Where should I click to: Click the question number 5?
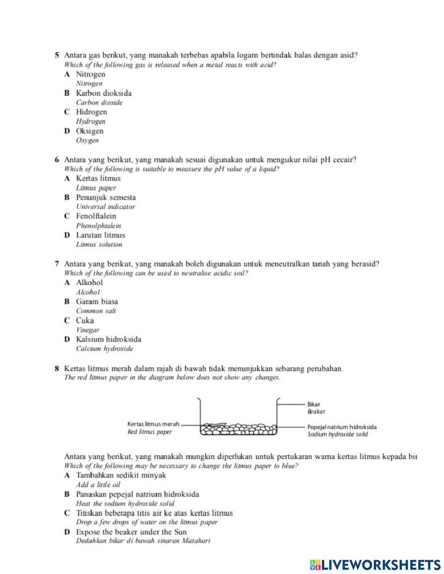(x=57, y=56)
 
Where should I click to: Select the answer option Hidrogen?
(x=91, y=112)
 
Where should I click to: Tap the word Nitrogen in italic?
(x=89, y=84)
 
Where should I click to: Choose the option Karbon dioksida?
(x=103, y=93)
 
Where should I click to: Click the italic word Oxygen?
(x=87, y=140)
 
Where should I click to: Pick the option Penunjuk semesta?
(x=106, y=197)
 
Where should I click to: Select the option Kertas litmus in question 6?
(x=98, y=178)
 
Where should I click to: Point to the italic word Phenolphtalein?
(x=99, y=226)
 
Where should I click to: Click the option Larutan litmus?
(x=100, y=235)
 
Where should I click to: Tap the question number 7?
(x=57, y=264)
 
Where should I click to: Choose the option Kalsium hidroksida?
(x=108, y=339)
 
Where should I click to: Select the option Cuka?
(x=85, y=321)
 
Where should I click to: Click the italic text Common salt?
(x=96, y=311)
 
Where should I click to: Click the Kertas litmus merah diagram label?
(x=153, y=425)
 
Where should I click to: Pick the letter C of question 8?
(x=67, y=513)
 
